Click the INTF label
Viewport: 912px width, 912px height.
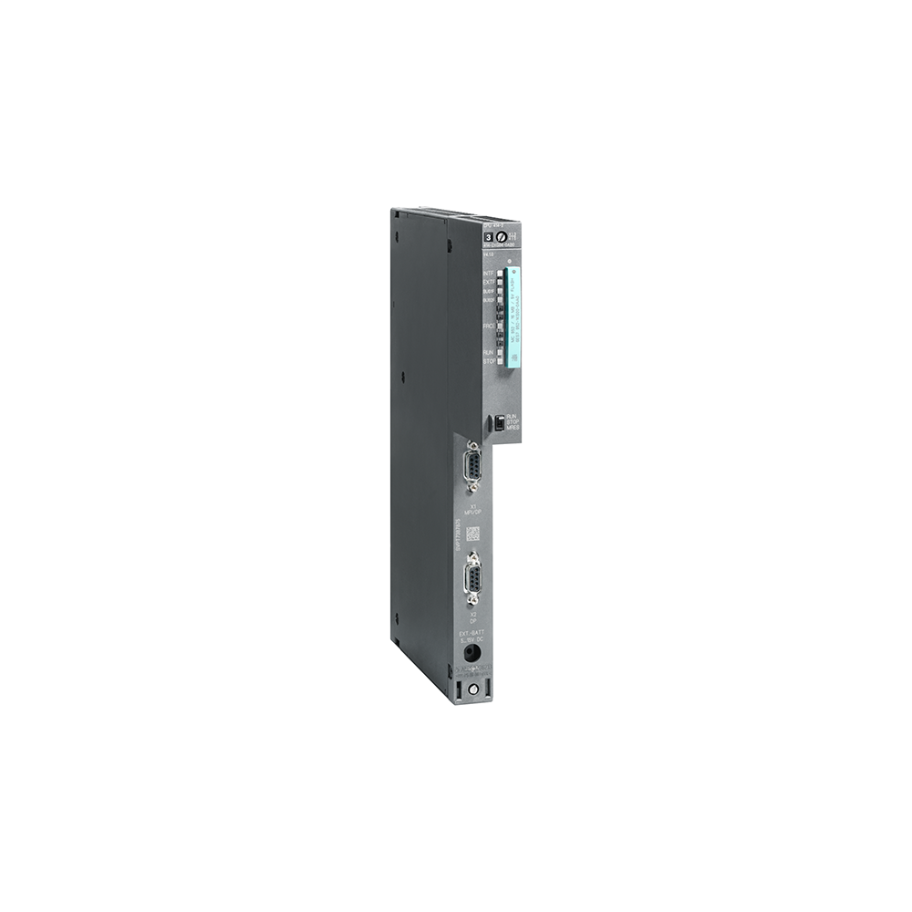click(488, 274)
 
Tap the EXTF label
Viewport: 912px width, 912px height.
click(488, 283)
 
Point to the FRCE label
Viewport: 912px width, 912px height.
click(488, 325)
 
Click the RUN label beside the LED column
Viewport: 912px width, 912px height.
click(488, 351)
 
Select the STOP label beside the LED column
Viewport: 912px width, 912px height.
click(488, 362)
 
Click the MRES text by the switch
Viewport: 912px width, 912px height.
click(512, 428)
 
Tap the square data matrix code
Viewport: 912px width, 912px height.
click(474, 536)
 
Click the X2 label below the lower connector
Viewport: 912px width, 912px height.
click(473, 614)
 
